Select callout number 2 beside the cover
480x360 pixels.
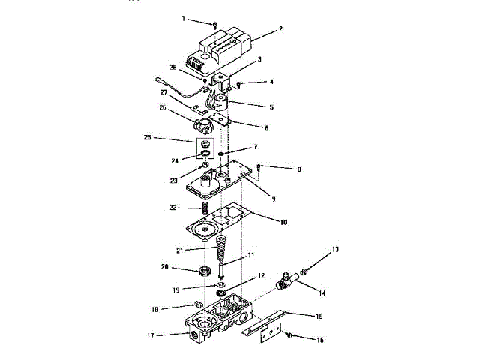280,29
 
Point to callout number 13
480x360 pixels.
334,248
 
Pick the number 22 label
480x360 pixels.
172,207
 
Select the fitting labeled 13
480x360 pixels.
305,268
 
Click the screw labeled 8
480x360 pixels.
258,168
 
